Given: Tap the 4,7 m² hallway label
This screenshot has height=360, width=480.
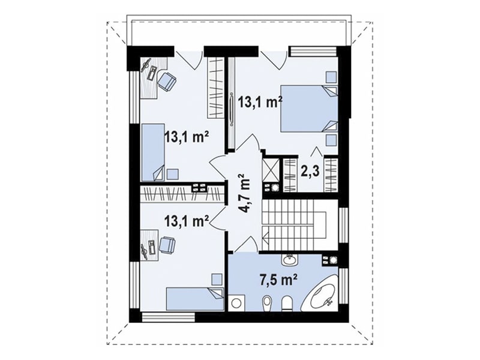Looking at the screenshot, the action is click(x=244, y=193).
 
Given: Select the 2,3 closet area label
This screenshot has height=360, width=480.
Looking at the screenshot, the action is click(x=310, y=172).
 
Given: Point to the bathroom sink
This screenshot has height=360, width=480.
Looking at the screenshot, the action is click(x=289, y=260).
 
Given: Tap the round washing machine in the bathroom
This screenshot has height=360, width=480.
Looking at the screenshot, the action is click(x=236, y=303).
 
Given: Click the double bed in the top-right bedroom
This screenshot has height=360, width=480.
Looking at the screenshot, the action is click(x=309, y=109).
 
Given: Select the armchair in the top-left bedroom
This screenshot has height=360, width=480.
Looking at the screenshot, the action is click(x=167, y=81).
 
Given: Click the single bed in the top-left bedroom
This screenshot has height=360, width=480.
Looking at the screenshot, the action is click(x=152, y=152).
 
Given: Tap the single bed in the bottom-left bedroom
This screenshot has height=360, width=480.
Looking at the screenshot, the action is click(x=195, y=299).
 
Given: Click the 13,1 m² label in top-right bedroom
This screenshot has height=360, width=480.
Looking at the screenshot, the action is click(x=260, y=102).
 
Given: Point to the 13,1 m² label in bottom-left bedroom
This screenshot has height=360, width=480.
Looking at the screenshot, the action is click(x=187, y=220).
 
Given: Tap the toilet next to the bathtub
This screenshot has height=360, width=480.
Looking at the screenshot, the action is click(x=287, y=303).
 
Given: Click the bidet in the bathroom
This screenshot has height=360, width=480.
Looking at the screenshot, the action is click(x=266, y=303).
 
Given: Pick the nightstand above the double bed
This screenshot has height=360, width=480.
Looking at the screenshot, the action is click(x=331, y=77).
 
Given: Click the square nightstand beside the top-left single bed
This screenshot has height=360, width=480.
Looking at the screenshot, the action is click(x=173, y=175).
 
